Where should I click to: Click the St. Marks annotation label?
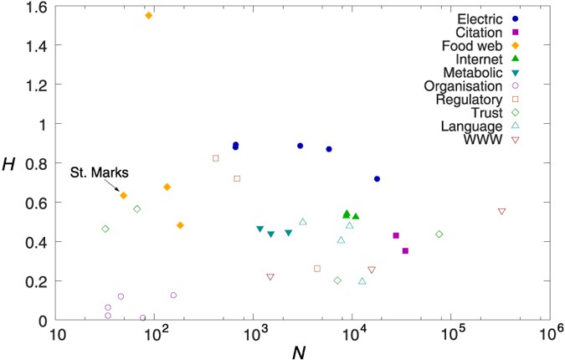coord(98,172)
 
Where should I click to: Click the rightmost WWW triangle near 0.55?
coord(501,212)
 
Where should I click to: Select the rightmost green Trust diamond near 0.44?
coord(439,234)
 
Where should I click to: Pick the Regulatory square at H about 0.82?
coord(215,158)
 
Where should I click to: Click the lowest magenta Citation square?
coord(405,250)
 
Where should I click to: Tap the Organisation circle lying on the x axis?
coord(142,318)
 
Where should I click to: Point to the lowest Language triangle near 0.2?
coord(362,281)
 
